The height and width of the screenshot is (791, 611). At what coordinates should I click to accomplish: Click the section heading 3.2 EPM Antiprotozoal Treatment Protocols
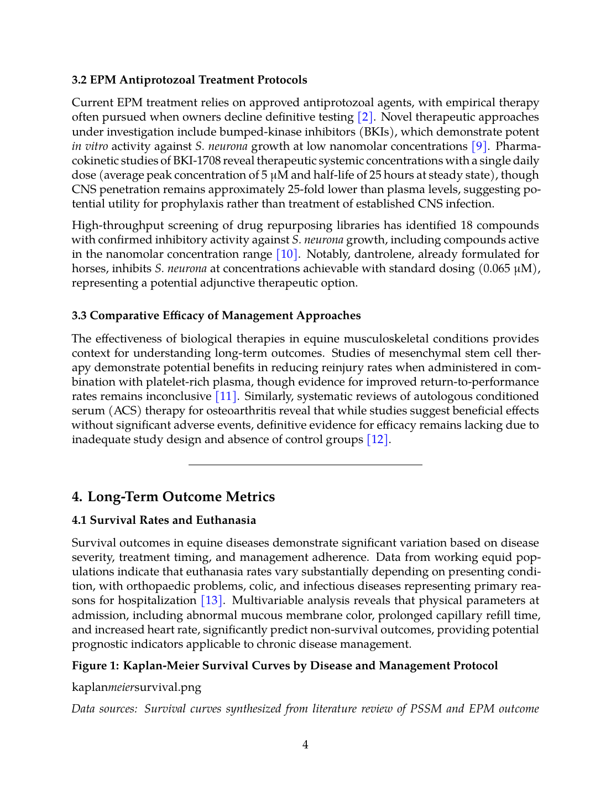189,80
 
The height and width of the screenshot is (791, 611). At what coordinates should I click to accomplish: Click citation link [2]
365,117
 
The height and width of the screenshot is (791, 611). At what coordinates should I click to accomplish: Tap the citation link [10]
287,254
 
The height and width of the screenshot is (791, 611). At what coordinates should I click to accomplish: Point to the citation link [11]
226,396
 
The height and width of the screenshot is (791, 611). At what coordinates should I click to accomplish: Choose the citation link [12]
378,439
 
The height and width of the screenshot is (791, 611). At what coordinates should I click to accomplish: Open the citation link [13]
211,600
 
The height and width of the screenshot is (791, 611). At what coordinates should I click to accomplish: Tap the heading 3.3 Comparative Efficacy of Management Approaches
216,315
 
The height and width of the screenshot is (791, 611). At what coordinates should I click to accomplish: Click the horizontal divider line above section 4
305,465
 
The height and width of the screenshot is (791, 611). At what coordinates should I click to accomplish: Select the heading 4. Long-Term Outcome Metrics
173,496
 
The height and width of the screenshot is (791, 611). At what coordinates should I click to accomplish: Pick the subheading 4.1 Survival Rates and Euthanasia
164,520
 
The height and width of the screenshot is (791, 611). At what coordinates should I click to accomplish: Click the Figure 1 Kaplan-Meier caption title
285,665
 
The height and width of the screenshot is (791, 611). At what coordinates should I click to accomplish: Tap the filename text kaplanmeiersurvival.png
137,687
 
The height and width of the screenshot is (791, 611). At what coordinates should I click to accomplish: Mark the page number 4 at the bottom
305,745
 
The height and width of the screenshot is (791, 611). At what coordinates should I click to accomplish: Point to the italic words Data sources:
105,709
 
